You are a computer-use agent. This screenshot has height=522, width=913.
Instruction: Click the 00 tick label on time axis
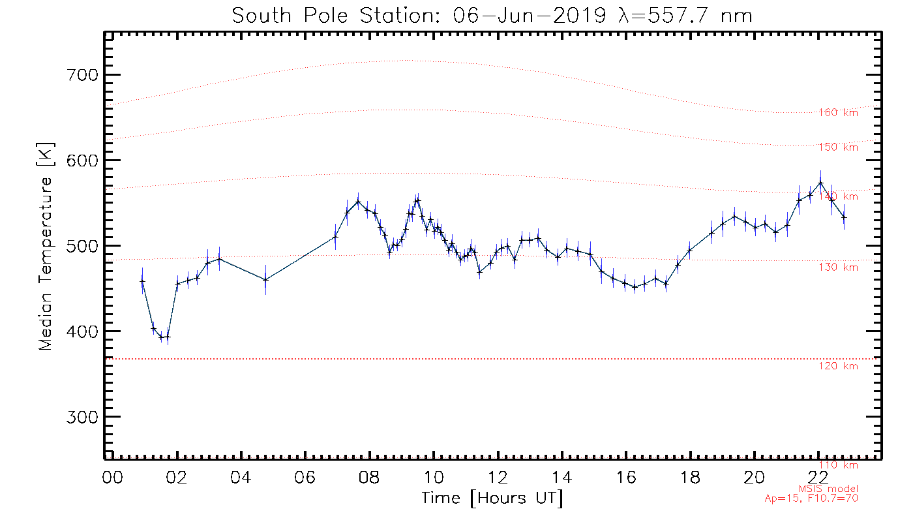tap(113, 477)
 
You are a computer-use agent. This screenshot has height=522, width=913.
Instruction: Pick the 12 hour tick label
tap(498, 477)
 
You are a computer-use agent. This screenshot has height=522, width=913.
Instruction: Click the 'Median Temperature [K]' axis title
tap(46, 246)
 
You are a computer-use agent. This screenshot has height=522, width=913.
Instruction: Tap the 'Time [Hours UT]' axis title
tap(492, 499)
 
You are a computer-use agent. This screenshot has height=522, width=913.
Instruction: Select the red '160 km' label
tap(839, 113)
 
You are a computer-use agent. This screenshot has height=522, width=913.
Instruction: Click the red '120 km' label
tap(839, 366)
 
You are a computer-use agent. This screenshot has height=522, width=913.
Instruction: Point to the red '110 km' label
tap(839, 465)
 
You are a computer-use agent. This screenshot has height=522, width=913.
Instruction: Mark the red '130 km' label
tap(839, 268)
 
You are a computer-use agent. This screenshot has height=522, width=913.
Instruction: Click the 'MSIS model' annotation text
tap(828, 489)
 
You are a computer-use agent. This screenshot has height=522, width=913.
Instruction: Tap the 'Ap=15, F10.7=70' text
tap(811, 499)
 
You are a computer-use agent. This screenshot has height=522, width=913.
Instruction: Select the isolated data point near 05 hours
tap(265, 280)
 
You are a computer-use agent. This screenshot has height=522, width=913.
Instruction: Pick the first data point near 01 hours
tap(142, 281)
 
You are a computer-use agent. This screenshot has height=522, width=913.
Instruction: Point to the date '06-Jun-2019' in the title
tap(537, 15)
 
